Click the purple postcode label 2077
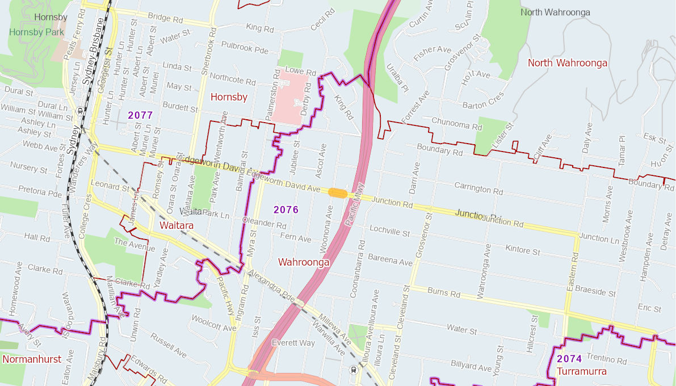click(x=140, y=115)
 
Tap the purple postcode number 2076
click(x=286, y=210)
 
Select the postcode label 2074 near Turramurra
click(x=569, y=359)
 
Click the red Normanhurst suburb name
click(x=32, y=359)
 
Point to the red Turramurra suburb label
click(x=582, y=371)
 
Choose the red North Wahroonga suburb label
click(x=568, y=63)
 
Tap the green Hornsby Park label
click(x=36, y=32)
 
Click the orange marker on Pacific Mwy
click(x=338, y=193)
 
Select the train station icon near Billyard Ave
click(x=354, y=370)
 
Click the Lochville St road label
click(x=389, y=231)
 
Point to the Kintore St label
click(x=522, y=249)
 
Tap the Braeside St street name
click(x=595, y=292)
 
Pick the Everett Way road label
click(x=293, y=343)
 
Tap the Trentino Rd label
click(x=606, y=360)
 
